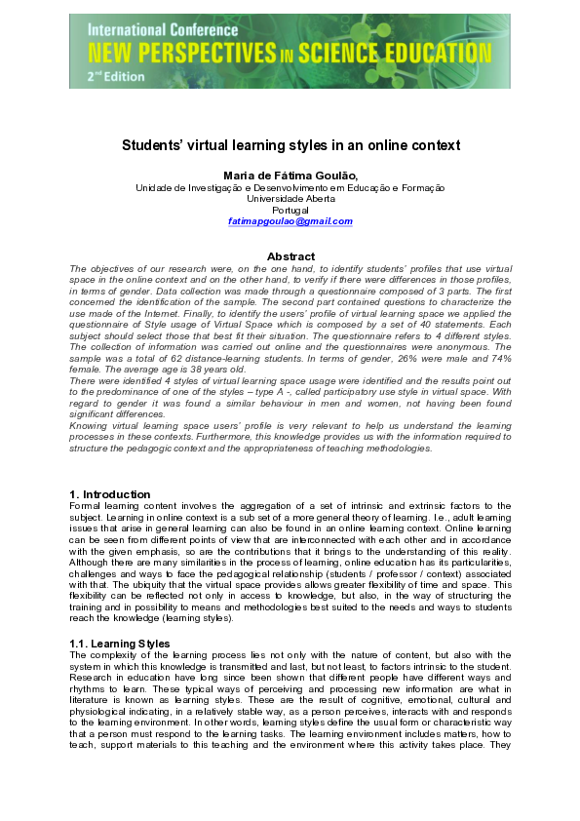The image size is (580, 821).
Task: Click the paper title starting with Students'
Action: coord(290,145)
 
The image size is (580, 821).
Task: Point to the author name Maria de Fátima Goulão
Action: coord(290,175)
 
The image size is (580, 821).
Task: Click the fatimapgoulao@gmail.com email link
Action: coord(290,221)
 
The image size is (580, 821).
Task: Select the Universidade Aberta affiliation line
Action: coord(290,198)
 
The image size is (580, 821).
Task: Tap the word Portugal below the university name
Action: coord(290,210)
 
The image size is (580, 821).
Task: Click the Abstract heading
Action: coord(290,256)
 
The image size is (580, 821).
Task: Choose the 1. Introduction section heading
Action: coord(110,494)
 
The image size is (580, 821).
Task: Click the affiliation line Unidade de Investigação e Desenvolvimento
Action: coord(290,187)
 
